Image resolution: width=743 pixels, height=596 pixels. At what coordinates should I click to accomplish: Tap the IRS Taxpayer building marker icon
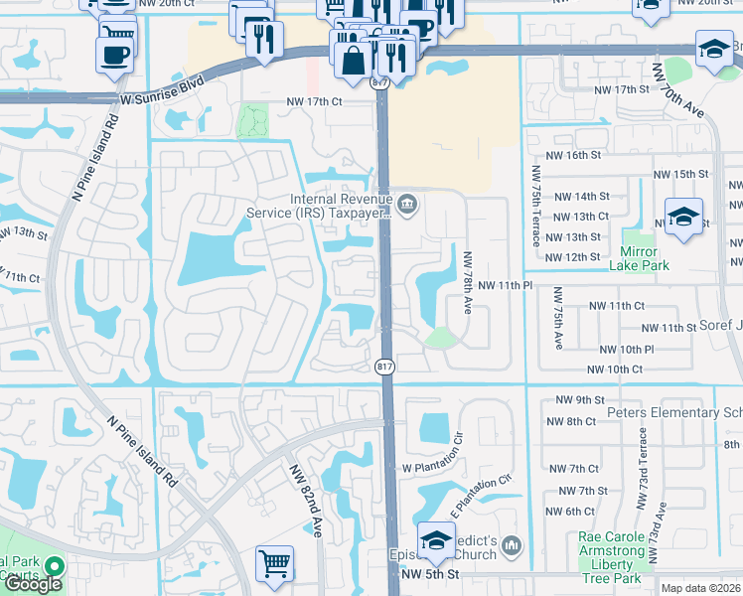[406, 206]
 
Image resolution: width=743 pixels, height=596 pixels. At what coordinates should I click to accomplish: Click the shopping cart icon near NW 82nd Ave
[275, 563]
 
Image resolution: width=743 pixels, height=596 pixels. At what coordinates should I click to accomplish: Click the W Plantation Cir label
[433, 467]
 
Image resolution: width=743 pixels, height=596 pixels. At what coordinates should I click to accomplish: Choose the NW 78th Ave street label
[469, 281]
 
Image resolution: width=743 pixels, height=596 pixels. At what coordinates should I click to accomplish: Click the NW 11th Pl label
[507, 285]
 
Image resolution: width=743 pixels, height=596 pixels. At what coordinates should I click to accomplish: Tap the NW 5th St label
[430, 574]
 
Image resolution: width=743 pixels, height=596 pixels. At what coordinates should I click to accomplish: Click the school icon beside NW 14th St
[683, 218]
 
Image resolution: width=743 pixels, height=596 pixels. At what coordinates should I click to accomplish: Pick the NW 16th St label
[574, 156]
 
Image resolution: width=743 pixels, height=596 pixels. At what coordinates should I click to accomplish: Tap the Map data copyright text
[701, 588]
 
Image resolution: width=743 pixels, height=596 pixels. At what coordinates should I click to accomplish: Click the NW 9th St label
[576, 400]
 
